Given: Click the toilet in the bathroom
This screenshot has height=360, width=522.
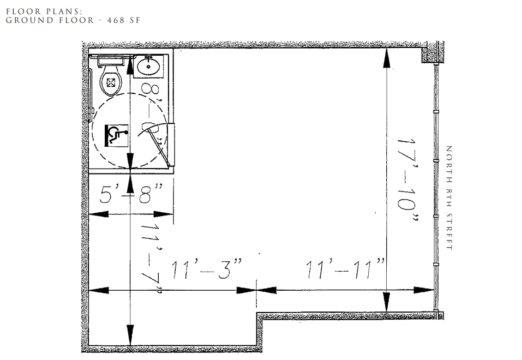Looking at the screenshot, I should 111,82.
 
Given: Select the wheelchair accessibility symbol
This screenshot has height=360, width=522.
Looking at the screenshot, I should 116,134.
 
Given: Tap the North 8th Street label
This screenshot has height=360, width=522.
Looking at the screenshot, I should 449,197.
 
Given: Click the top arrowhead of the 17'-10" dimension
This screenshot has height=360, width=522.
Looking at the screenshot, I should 386,58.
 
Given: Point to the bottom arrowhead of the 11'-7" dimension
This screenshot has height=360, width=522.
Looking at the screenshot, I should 130,334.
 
